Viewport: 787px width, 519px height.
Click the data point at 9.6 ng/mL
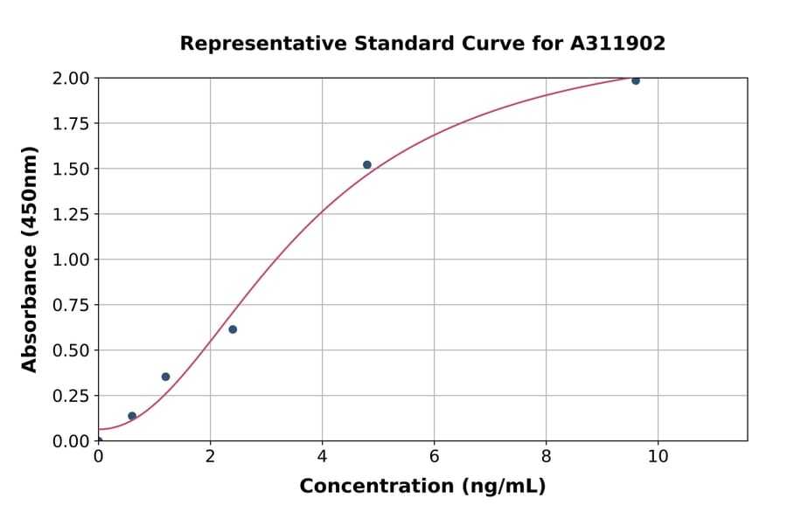click(x=636, y=80)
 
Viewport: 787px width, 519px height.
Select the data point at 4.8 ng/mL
click(x=367, y=164)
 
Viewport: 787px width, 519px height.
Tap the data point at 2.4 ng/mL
click(x=233, y=329)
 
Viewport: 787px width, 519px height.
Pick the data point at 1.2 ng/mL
click(x=165, y=377)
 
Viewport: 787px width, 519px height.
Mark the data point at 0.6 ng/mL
click(x=132, y=416)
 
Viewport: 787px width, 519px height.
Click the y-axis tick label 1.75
click(x=71, y=123)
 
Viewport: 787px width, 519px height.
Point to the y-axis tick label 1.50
click(x=71, y=169)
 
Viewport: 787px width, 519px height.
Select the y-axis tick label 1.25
click(x=71, y=214)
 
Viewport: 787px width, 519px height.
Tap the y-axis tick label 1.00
click(x=71, y=259)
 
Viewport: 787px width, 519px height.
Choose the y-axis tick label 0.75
click(x=71, y=305)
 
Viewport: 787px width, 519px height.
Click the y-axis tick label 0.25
click(x=71, y=396)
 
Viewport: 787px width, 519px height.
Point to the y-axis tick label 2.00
click(x=71, y=78)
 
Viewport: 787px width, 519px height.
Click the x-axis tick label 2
click(x=210, y=457)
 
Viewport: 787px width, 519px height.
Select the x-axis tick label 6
click(x=434, y=457)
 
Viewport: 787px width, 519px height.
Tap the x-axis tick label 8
click(x=546, y=457)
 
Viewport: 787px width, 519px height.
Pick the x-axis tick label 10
click(x=658, y=457)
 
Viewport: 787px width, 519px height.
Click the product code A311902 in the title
click(x=618, y=44)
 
